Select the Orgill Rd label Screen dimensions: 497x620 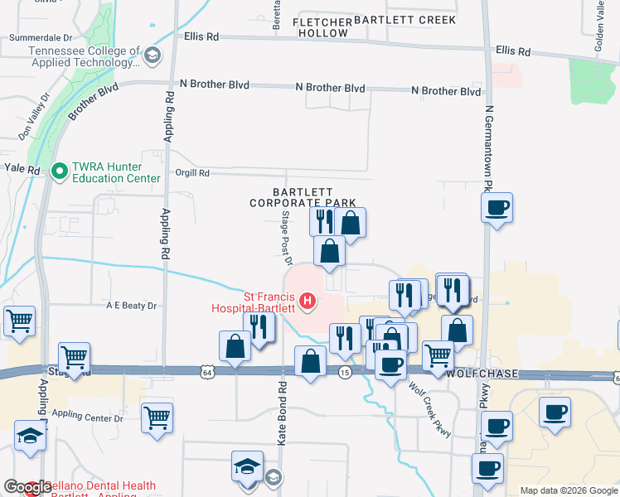(192, 173)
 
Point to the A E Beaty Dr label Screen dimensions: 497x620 (131, 306)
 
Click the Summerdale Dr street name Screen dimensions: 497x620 (40, 38)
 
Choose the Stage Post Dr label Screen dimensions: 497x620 (286, 239)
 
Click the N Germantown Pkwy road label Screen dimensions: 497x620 (489, 149)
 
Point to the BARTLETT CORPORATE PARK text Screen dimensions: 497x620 (303, 197)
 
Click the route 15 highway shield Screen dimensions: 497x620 (344, 374)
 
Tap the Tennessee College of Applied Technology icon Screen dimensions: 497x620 (152, 56)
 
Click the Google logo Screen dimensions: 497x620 (27, 487)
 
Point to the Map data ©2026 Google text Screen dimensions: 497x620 (568, 490)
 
